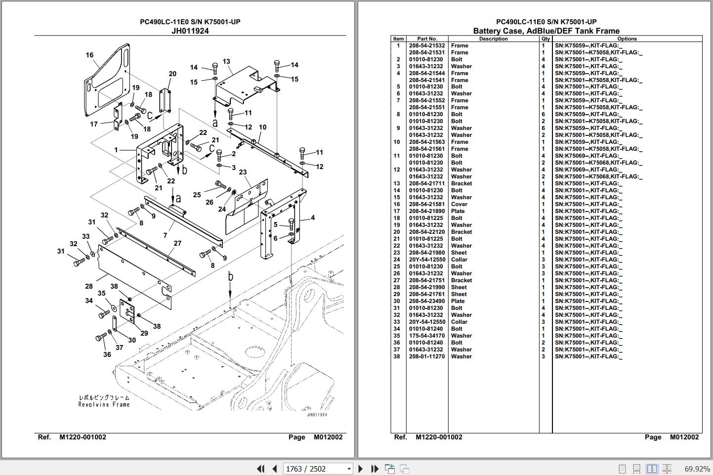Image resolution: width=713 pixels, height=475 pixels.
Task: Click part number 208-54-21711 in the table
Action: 426,183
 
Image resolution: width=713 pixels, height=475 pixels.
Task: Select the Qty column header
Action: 545,39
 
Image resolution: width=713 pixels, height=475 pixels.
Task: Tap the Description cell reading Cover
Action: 459,204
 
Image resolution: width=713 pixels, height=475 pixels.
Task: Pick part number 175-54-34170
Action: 427,336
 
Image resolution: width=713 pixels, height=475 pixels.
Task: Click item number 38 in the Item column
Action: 397,356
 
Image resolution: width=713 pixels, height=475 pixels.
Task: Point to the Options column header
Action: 627,39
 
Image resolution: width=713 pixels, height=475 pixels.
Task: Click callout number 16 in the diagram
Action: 89,55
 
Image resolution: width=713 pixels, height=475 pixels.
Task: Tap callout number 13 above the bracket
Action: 226,61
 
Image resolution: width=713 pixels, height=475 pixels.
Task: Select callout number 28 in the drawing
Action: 89,286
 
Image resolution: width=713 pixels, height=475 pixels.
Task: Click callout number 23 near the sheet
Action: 243,172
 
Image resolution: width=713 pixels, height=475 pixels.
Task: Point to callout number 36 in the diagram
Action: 107,354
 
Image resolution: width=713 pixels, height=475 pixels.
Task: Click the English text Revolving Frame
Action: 104,405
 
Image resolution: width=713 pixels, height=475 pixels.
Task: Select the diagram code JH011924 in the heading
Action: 190,31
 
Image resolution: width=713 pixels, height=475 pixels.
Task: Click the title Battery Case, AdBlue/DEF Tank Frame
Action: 546,31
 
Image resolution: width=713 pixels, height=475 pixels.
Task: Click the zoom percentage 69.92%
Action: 697,469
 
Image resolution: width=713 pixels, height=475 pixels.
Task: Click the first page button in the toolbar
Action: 260,469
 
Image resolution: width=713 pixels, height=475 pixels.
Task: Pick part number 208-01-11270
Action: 427,356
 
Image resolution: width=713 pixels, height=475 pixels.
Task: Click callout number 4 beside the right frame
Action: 313,217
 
